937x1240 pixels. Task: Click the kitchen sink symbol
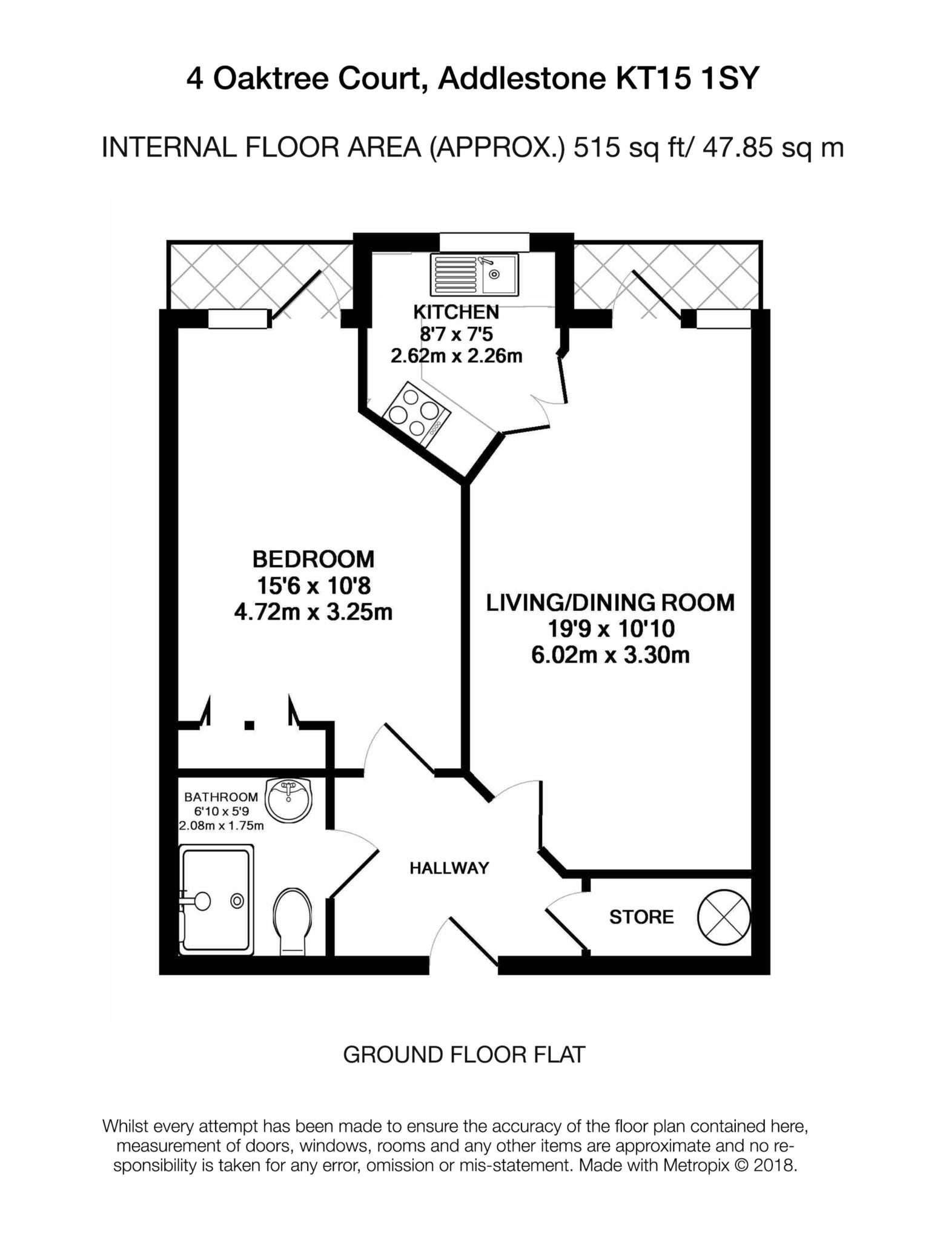point(474,274)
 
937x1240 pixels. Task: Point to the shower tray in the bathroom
point(216,900)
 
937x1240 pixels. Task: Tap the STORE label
point(641,917)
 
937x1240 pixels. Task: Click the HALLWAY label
point(449,868)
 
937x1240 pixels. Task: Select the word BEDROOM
point(313,558)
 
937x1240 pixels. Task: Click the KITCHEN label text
point(455,312)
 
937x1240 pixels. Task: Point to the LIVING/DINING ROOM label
point(610,603)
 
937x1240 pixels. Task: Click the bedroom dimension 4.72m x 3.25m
point(313,613)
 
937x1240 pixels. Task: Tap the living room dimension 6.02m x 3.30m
point(610,655)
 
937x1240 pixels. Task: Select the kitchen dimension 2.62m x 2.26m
point(455,356)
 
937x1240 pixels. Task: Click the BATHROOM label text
point(221,797)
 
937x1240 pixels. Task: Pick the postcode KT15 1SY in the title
point(687,79)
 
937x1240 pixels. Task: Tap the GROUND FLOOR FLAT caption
point(464,1055)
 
